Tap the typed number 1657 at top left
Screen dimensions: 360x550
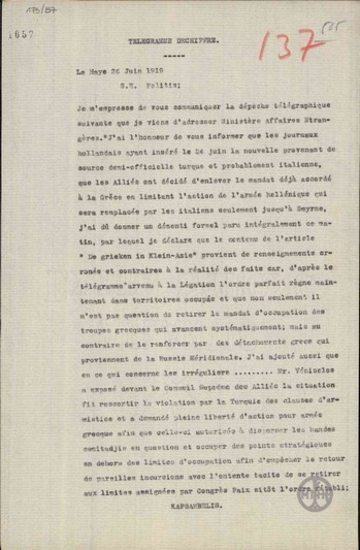click(x=19, y=32)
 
